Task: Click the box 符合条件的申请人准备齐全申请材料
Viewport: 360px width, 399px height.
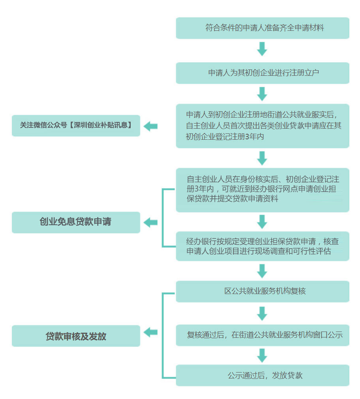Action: pos(262,28)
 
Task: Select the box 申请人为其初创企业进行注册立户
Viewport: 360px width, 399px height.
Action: pos(262,73)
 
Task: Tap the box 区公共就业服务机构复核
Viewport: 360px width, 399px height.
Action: pos(262,291)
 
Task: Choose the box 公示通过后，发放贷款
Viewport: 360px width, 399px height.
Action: pos(262,375)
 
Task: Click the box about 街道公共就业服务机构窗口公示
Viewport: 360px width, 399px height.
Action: pos(262,335)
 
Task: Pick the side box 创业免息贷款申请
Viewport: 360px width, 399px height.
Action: pos(76,223)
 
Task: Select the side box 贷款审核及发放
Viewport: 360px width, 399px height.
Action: pos(76,336)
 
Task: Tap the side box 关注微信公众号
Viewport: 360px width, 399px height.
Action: pos(76,126)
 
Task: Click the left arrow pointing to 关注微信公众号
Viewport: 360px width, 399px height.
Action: pos(151,126)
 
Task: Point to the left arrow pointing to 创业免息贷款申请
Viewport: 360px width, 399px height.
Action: pos(151,223)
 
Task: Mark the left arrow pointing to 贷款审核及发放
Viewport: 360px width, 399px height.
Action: pos(151,332)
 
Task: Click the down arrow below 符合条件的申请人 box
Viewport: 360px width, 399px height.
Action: pos(262,49)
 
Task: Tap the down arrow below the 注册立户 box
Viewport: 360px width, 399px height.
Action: pos(262,94)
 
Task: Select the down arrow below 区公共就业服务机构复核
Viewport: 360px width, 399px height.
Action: pos(262,313)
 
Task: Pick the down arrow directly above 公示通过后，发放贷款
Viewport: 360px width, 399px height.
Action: pos(262,356)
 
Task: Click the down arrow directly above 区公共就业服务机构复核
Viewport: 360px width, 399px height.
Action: pos(262,271)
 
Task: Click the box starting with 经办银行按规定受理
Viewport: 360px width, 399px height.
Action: pos(262,246)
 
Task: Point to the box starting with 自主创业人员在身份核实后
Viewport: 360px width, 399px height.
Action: pos(262,190)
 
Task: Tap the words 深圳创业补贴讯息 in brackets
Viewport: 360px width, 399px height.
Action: pos(101,125)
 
